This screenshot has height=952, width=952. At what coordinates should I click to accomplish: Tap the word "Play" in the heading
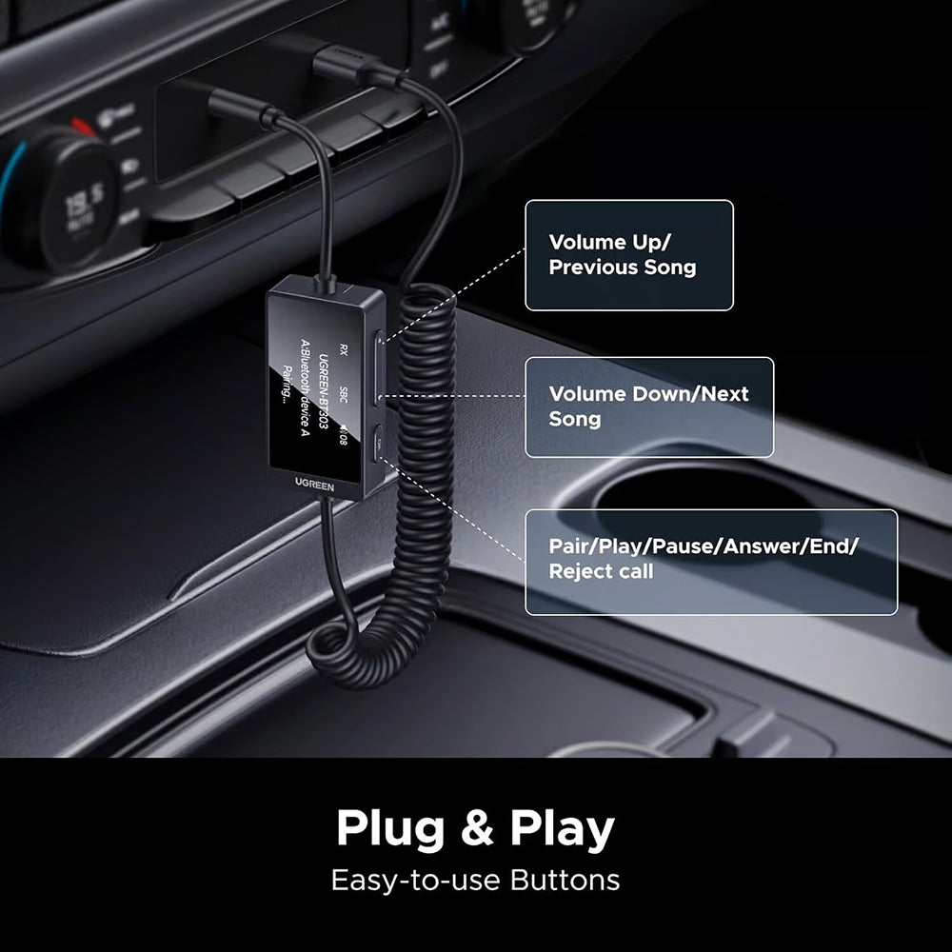(562, 829)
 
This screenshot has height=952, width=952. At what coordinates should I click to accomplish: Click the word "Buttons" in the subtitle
(565, 880)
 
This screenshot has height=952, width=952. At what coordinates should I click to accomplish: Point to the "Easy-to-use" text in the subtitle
(416, 880)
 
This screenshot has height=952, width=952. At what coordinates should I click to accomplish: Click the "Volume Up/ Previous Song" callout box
(629, 254)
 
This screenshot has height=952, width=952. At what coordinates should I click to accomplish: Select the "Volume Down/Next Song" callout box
(649, 407)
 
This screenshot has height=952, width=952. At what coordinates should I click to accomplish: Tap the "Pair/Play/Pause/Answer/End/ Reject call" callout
(711, 562)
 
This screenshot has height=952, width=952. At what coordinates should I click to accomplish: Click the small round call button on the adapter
(379, 441)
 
